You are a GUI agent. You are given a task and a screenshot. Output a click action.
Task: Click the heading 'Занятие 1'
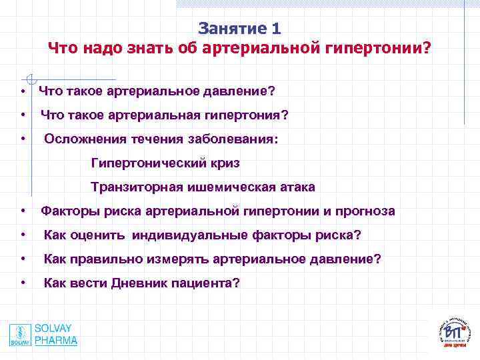(x=239, y=29)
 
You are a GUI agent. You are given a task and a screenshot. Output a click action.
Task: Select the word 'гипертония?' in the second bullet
(x=252, y=115)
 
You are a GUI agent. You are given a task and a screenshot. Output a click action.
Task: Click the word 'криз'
(x=225, y=163)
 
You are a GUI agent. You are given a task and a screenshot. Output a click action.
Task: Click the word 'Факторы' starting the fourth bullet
(x=67, y=211)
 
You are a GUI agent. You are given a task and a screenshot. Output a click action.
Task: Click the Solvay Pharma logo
(x=43, y=335)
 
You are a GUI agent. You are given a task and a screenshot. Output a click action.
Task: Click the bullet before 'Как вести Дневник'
(x=23, y=283)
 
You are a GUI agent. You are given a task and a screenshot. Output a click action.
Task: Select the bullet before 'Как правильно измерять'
(x=23, y=259)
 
